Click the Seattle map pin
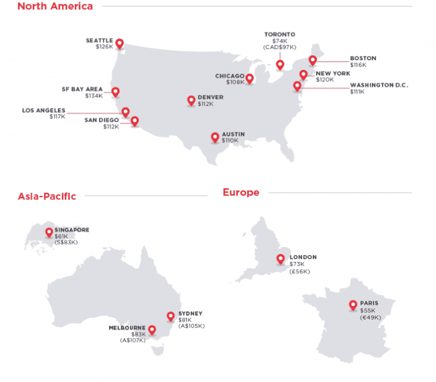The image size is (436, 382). click(119, 43)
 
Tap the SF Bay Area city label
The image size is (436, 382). click(82, 89)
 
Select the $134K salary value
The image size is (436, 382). click(94, 96)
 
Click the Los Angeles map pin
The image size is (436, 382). click(126, 111)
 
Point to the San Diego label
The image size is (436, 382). click(102, 120)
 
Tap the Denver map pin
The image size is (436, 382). click(191, 101)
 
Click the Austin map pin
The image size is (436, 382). click(215, 137)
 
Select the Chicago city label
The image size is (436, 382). click(229, 76)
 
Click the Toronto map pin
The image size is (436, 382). click(280, 65)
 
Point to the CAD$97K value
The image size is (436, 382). click(279, 48)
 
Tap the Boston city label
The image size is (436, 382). click(363, 58)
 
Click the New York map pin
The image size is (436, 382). click(303, 74)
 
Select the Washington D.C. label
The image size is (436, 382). click(379, 85)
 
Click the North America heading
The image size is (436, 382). click(55, 7)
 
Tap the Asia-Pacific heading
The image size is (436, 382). click(47, 196)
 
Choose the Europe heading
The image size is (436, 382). click(241, 193)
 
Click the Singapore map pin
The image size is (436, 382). click(49, 232)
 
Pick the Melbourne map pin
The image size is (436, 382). click(152, 330)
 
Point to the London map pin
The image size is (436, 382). click(280, 259)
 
